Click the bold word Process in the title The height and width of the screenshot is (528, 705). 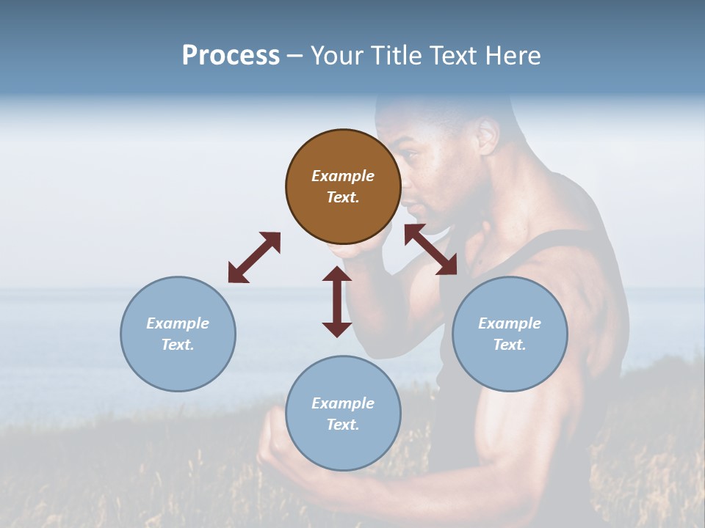231,56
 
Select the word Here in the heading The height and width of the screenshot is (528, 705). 512,56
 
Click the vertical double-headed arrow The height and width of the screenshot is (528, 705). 337,301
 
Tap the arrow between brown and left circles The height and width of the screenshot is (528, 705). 254,257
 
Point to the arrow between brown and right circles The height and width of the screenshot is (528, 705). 430,249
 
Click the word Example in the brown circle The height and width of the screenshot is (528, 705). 343,176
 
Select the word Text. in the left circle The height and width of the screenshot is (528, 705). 178,345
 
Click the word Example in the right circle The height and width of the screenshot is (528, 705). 510,323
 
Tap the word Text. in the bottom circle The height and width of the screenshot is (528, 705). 343,425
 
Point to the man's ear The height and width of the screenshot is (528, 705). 487,136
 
